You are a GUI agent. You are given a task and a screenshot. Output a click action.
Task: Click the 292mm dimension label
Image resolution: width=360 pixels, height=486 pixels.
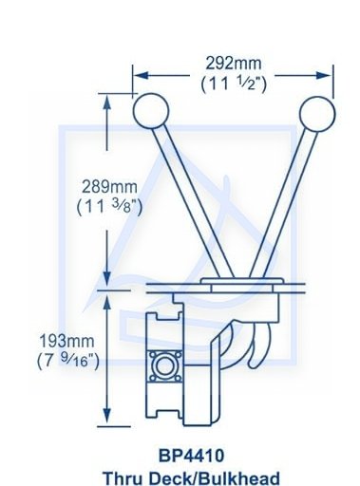click(x=234, y=64)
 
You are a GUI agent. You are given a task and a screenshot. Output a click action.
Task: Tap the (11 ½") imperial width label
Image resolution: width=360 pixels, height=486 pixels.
click(x=234, y=84)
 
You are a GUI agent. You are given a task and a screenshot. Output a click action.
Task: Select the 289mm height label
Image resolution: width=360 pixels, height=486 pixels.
click(x=109, y=187)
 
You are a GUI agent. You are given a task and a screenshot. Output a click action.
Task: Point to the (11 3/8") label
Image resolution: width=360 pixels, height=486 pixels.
click(x=109, y=207)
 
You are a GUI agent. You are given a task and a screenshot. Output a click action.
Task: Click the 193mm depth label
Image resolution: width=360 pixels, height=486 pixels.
click(x=66, y=341)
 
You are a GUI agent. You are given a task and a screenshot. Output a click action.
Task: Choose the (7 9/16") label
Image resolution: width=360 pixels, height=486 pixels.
click(x=68, y=361)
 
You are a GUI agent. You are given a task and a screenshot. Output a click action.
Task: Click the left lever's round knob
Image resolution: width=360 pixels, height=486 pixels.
click(x=151, y=111)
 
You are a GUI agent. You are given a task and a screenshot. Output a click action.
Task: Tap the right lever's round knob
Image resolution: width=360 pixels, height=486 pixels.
click(x=316, y=114)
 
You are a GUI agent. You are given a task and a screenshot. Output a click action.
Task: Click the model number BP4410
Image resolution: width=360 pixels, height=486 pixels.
click(x=191, y=456)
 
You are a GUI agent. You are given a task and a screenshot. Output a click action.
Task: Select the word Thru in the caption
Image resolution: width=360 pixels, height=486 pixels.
click(x=123, y=478)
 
